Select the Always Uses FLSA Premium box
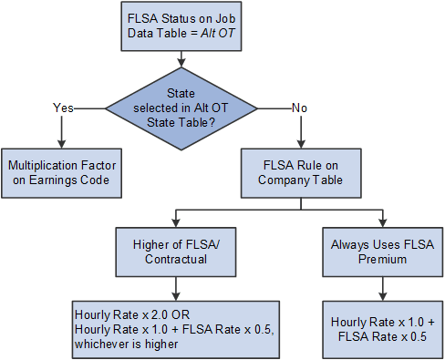click(x=383, y=249)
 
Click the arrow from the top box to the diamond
click(x=185, y=58)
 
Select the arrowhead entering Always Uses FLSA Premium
click(x=383, y=221)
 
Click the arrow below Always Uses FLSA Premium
click(x=383, y=289)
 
